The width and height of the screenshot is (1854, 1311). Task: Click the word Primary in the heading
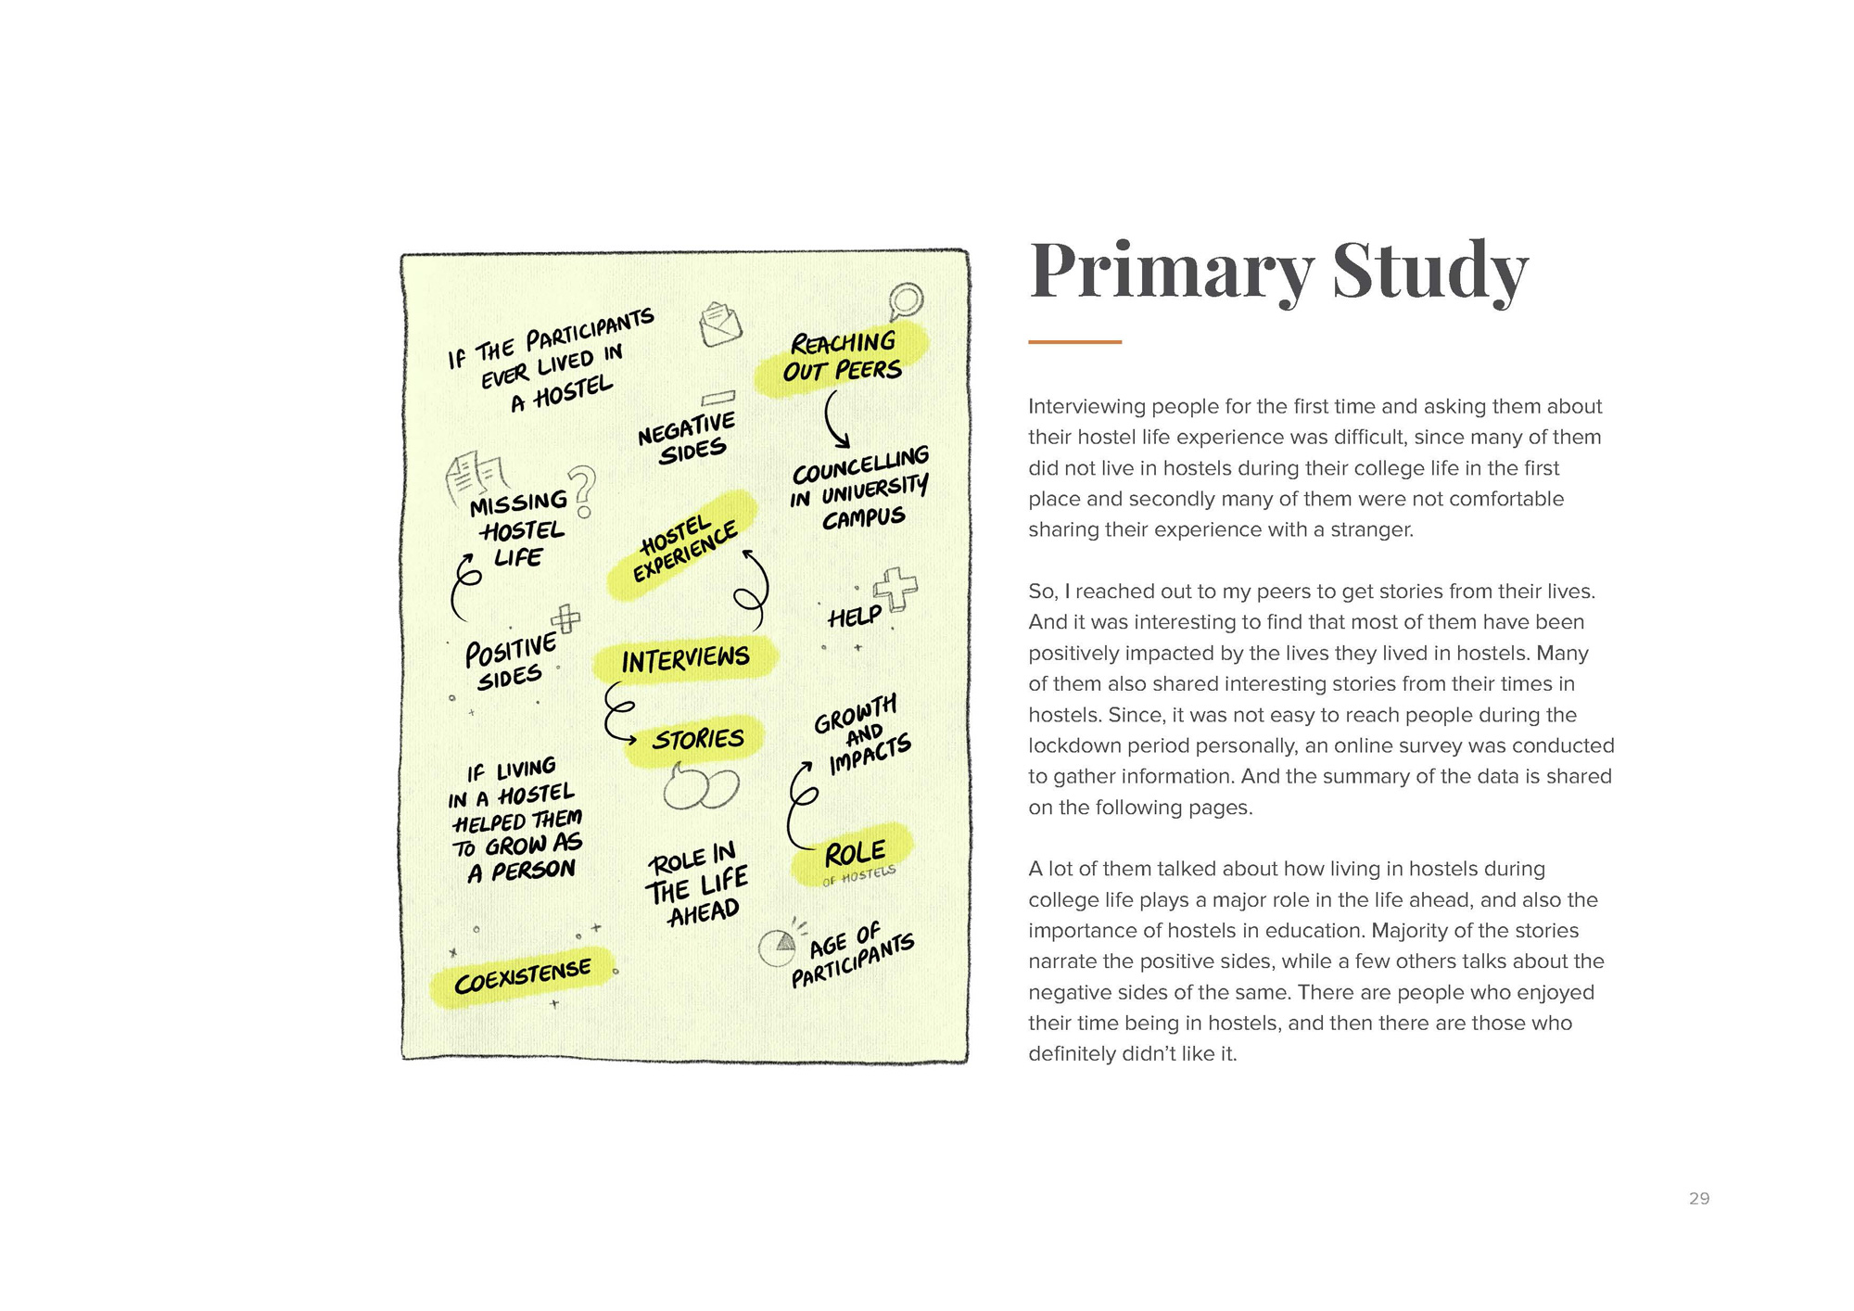click(1171, 271)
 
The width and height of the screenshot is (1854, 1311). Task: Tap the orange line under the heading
click(1074, 342)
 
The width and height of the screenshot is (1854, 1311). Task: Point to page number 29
click(1698, 1199)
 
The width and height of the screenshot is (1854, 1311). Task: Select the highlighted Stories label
click(697, 739)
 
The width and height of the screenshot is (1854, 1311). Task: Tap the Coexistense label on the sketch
click(522, 976)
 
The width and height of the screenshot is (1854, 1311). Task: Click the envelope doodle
click(720, 325)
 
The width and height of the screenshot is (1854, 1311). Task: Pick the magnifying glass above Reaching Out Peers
click(905, 300)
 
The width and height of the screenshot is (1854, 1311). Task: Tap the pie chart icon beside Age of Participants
click(778, 947)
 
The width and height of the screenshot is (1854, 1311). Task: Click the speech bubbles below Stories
click(701, 789)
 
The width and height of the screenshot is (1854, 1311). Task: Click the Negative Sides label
click(688, 439)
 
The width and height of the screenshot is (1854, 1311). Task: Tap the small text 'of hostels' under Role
click(858, 875)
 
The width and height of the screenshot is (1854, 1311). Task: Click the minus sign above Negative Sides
click(718, 399)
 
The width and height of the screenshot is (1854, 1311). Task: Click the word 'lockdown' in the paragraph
click(1066, 745)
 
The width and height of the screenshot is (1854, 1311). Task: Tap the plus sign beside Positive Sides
click(565, 618)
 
